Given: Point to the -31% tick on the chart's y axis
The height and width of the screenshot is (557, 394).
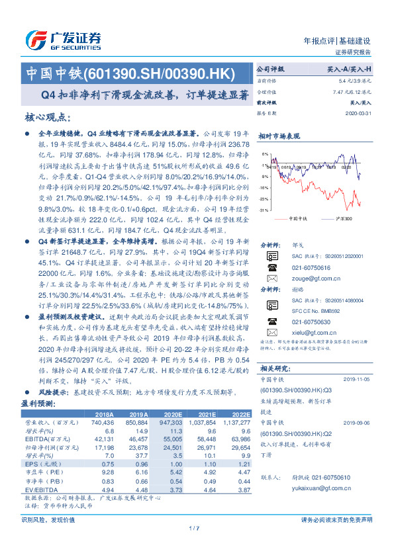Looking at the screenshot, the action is tap(264, 209).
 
